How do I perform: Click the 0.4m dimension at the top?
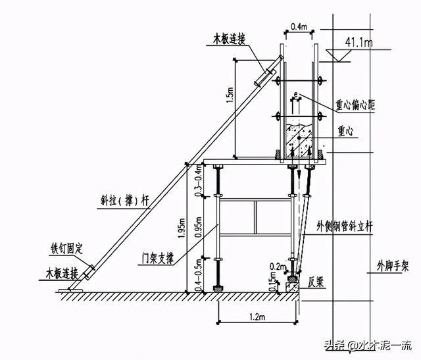tap(299, 26)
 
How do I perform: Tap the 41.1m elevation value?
tap(359, 42)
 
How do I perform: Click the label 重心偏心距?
tap(355, 105)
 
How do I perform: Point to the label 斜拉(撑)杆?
tap(124, 201)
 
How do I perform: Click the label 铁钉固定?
tap(67, 249)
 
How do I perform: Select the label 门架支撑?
tap(158, 258)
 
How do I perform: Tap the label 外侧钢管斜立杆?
tap(345, 226)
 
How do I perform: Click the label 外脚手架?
tap(393, 267)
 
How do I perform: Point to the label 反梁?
tap(316, 282)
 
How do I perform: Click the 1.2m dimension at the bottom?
tap(257, 317)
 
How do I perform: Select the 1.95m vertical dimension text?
tap(182, 228)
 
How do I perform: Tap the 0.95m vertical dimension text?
tap(199, 226)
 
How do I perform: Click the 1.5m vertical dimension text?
tap(230, 95)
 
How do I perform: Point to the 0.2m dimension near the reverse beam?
tap(278, 267)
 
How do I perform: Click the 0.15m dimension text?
tap(273, 282)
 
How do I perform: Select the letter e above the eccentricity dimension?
tap(295, 94)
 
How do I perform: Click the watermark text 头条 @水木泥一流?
tap(368, 346)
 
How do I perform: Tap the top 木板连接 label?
tap(230, 39)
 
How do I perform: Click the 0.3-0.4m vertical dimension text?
tap(199, 180)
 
